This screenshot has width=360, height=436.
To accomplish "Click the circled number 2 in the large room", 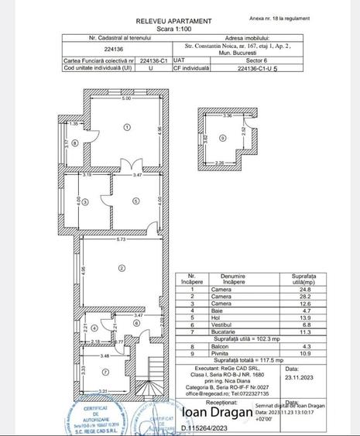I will (122, 268).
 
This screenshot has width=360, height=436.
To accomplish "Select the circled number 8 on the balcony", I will (75, 142).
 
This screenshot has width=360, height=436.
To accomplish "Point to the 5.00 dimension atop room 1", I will (125, 99).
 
